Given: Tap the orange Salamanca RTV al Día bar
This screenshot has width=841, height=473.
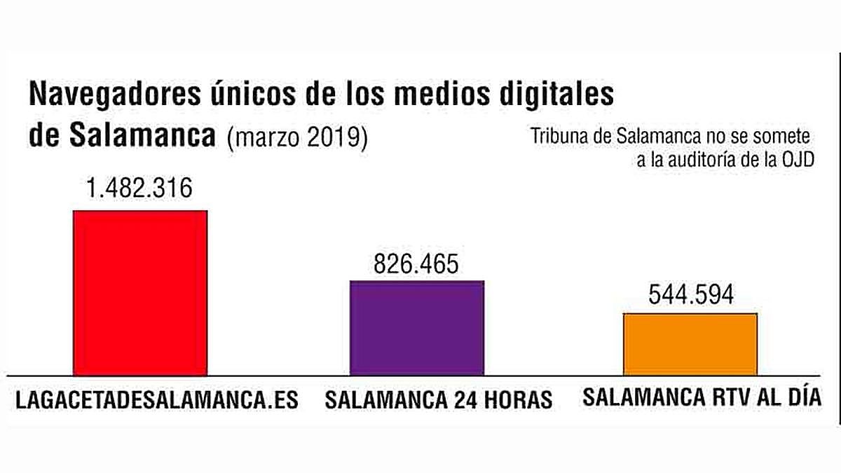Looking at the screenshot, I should point(690,343).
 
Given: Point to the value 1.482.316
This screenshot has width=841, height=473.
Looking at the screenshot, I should point(139,188).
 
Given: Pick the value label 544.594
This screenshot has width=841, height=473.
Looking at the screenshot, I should point(690,295).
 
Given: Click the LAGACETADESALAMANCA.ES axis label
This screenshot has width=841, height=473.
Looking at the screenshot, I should point(157,400).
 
